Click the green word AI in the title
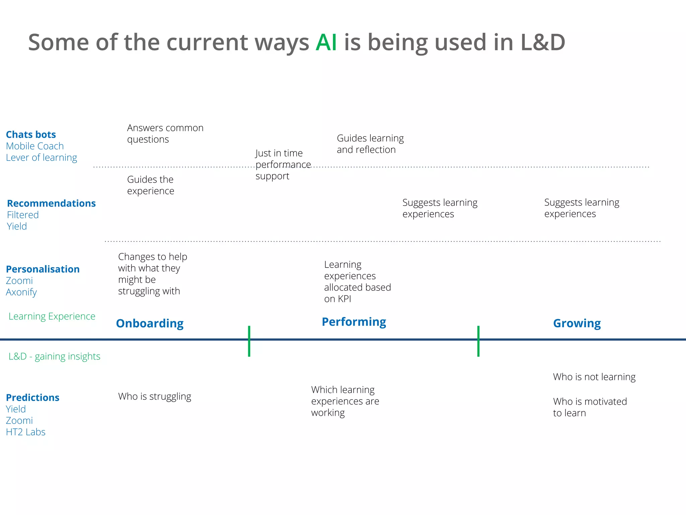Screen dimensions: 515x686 pyautogui.click(x=326, y=43)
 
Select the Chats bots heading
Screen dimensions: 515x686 pyautogui.click(x=31, y=134)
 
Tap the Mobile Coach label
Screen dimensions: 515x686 pyautogui.click(x=35, y=146)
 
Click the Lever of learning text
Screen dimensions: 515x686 pyautogui.click(x=42, y=158)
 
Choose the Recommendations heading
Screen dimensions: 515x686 pyautogui.click(x=51, y=203)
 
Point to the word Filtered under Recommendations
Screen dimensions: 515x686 pyautogui.click(x=23, y=215)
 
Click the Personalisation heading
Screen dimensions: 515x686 pyautogui.click(x=43, y=269)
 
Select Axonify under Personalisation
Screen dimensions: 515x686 pyautogui.click(x=21, y=292)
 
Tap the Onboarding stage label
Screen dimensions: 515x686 pyautogui.click(x=150, y=323)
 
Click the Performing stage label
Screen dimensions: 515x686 pyautogui.click(x=354, y=322)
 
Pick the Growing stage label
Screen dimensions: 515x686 pyautogui.click(x=577, y=323)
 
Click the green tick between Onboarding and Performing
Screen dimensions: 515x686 pyautogui.click(x=249, y=341)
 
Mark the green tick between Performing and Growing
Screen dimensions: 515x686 pyautogui.click(x=478, y=341)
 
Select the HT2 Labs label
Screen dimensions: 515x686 pyautogui.click(x=26, y=432)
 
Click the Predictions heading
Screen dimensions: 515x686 pyautogui.click(x=33, y=398)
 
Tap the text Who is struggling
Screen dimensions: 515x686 pyautogui.click(x=155, y=396)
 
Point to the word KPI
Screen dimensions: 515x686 pyautogui.click(x=345, y=299)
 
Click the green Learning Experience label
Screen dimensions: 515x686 pyautogui.click(x=52, y=316)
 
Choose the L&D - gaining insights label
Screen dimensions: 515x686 pyautogui.click(x=54, y=356)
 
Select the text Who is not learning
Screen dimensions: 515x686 pyautogui.click(x=594, y=377)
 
